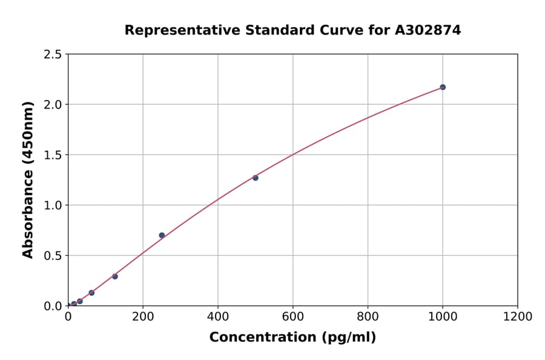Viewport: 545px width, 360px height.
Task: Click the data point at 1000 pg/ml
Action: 443,87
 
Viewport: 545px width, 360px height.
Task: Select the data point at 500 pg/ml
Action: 256,178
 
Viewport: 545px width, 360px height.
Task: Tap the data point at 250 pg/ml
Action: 162,235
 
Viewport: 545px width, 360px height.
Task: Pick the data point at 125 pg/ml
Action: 115,276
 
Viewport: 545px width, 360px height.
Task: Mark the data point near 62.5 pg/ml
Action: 91,293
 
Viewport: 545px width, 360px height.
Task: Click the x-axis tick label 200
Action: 143,317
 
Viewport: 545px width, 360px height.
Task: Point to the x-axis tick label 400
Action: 218,317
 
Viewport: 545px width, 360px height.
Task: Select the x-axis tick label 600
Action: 293,317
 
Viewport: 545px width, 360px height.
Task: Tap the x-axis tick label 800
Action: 368,317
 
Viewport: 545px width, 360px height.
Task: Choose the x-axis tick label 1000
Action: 443,317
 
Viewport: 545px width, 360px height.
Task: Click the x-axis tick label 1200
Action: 518,317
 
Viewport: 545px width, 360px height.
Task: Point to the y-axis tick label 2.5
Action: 53,55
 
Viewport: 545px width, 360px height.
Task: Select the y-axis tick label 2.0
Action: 53,105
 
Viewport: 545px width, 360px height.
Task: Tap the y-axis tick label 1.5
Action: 53,155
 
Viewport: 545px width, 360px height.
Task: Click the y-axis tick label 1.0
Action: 53,205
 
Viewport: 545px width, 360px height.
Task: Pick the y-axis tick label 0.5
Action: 53,256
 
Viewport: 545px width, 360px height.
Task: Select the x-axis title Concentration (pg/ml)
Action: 292,338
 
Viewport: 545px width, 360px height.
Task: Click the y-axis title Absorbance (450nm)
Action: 28,179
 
